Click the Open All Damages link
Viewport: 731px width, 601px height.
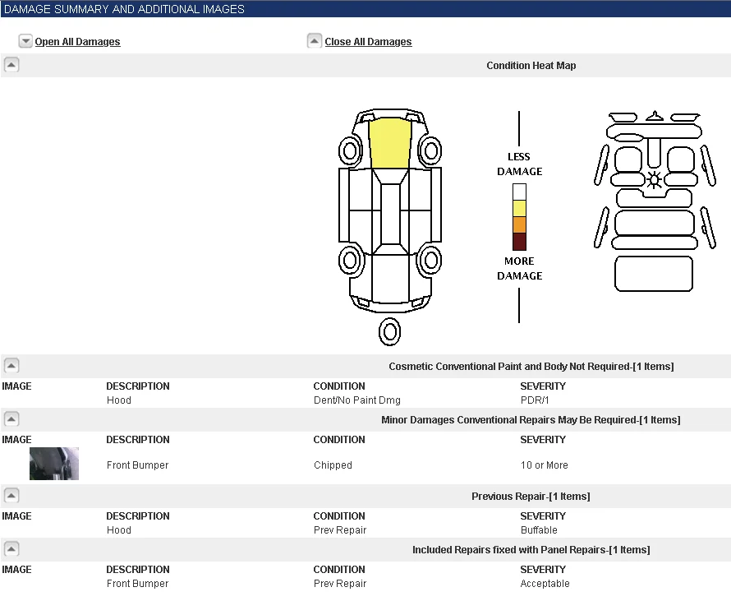(77, 42)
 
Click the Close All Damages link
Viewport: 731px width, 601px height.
(368, 42)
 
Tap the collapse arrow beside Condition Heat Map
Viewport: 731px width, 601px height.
(11, 64)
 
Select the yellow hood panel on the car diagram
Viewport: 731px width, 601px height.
(390, 143)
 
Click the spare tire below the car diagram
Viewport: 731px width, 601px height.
(390, 332)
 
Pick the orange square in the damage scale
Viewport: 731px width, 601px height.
(519, 224)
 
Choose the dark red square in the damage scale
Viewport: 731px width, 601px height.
(519, 241)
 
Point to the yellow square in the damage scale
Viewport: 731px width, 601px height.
(519, 208)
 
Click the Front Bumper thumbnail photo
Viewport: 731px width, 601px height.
(54, 464)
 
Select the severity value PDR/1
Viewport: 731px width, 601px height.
(535, 400)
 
